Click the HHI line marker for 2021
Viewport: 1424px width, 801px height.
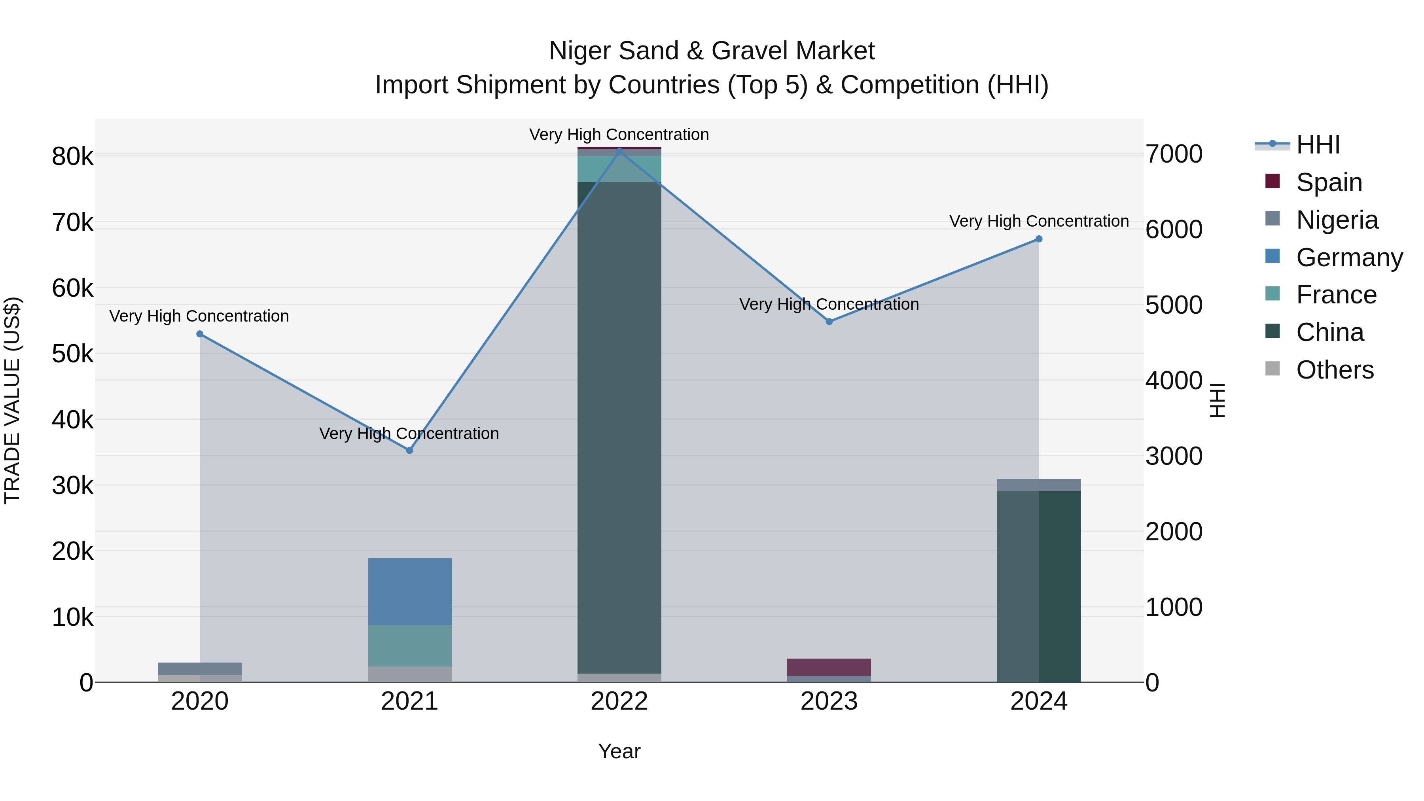[410, 451]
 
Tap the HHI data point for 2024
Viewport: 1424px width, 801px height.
[1039, 239]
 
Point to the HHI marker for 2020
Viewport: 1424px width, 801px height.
[200, 334]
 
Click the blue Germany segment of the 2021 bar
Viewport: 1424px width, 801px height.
[410, 591]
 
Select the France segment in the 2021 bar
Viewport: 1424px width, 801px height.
[410, 645]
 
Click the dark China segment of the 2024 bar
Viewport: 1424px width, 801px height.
[1039, 586]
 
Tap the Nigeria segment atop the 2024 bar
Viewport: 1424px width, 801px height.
[1039, 485]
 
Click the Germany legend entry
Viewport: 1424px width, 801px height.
[1348, 258]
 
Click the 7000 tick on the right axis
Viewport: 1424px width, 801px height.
[1174, 154]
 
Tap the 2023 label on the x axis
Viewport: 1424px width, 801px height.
[829, 701]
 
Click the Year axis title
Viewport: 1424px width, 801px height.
[619, 751]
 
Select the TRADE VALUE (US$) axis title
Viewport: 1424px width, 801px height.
[12, 400]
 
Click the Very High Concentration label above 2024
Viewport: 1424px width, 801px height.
[1039, 221]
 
